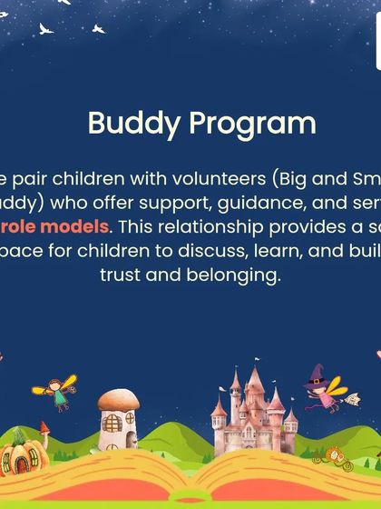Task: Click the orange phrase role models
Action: coord(66,226)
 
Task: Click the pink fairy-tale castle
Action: coord(252,414)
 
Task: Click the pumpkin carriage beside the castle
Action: coord(337,453)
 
